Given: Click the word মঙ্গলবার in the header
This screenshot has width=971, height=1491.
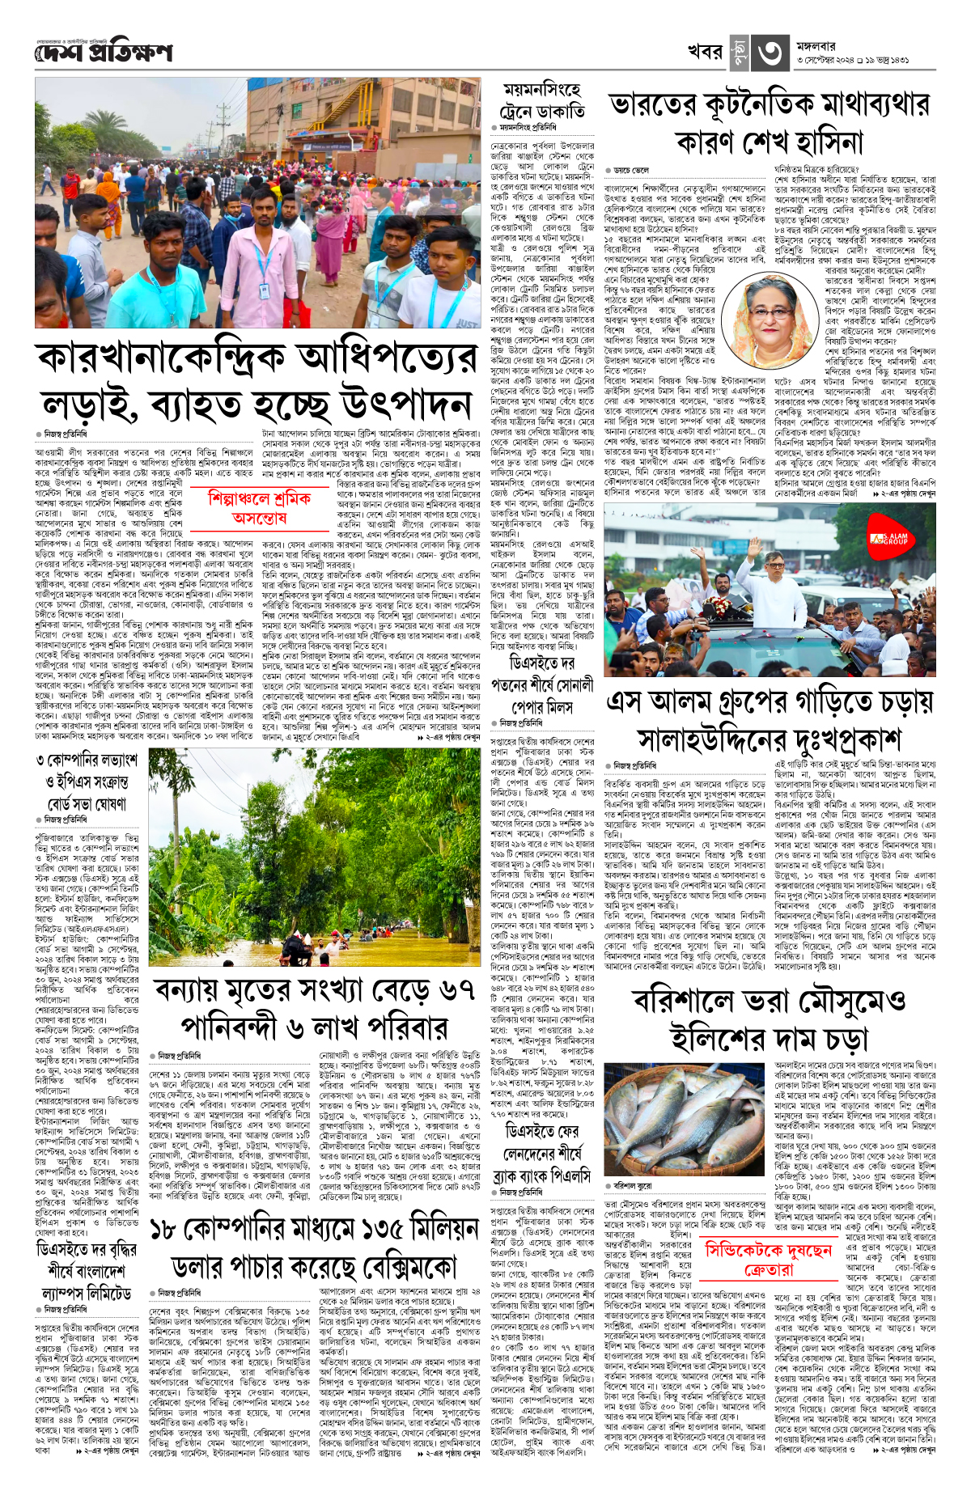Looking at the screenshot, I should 820,45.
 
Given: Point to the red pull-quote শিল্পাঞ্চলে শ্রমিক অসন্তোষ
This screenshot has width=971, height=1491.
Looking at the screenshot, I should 259,506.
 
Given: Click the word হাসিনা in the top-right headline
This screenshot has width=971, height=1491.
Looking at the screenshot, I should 812,143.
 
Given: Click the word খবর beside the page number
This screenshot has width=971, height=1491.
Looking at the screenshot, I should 705,52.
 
